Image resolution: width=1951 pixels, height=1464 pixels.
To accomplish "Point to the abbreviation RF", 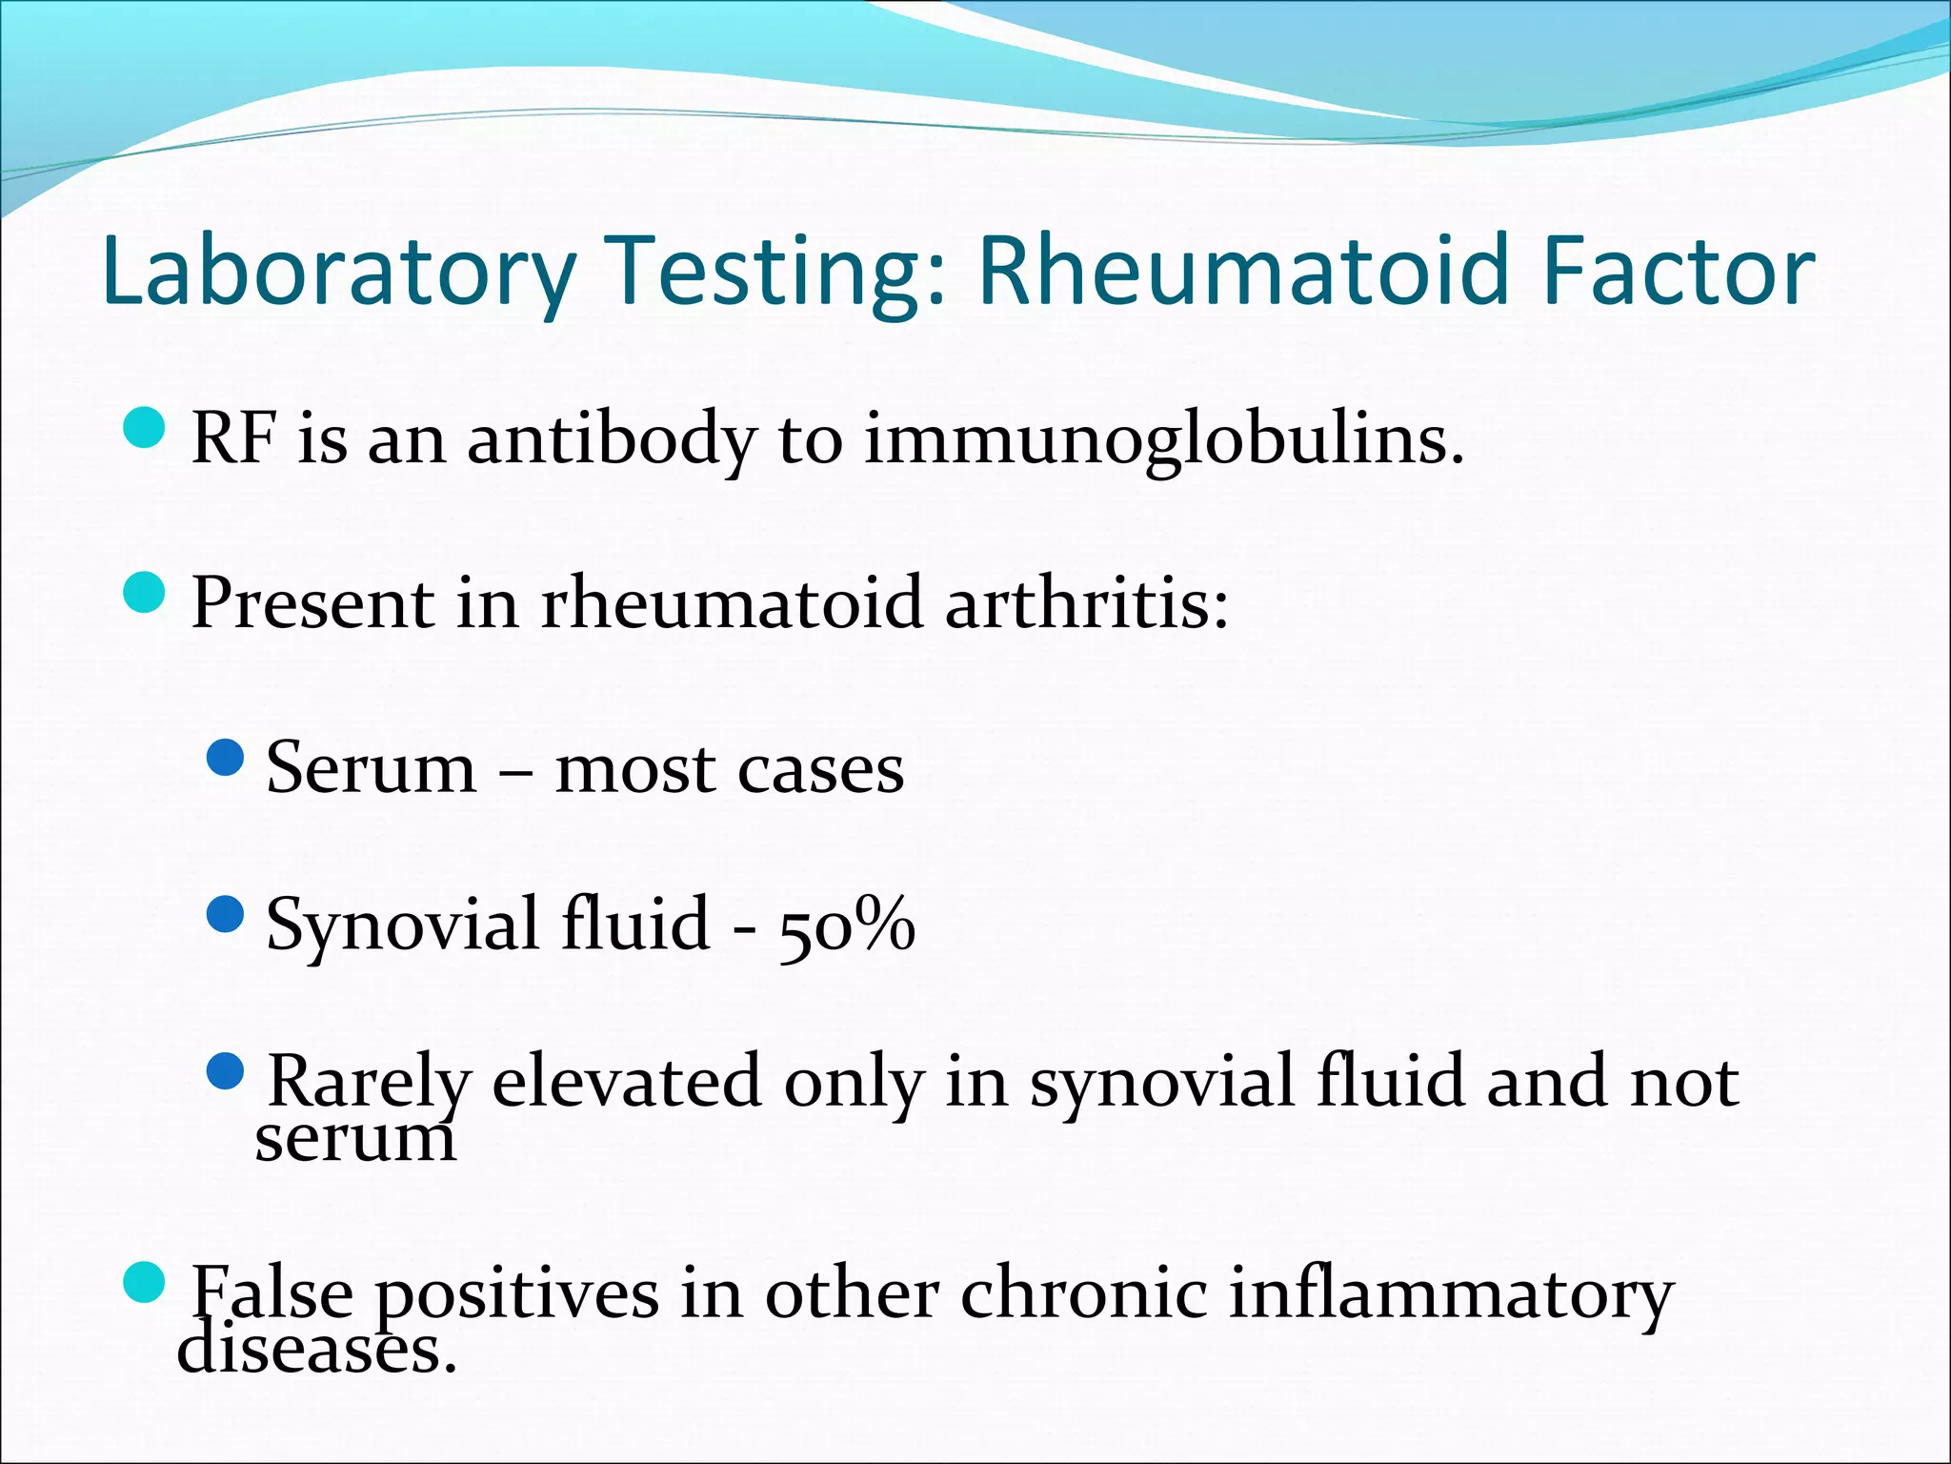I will coord(234,438).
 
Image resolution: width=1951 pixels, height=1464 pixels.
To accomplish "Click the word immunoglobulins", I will coord(1163,440).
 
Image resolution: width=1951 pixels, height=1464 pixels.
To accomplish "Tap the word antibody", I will coord(611,440).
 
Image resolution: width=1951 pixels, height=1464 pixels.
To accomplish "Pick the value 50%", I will coord(846,925).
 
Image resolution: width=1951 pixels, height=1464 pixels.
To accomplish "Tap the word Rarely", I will coord(369,1082).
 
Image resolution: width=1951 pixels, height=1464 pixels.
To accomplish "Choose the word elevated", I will coord(626,1082).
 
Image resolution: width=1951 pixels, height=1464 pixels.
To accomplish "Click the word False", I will coord(272,1293).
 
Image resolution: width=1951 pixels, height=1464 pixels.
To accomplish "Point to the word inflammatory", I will coord(1450,1293).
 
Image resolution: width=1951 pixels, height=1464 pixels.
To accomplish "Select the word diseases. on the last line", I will coord(316,1351).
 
